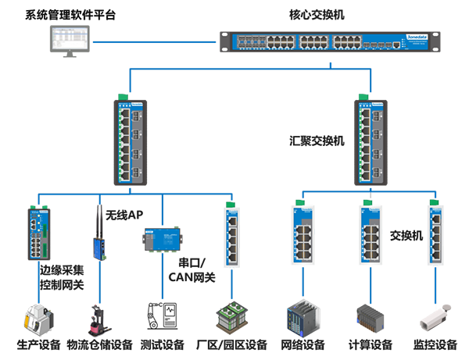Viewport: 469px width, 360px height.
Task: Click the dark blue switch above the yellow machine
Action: [38, 230]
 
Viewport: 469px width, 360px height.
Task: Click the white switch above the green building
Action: [232, 233]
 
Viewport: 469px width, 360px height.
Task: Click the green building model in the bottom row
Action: [231, 319]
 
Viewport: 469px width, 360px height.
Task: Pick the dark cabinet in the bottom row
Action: [301, 319]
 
